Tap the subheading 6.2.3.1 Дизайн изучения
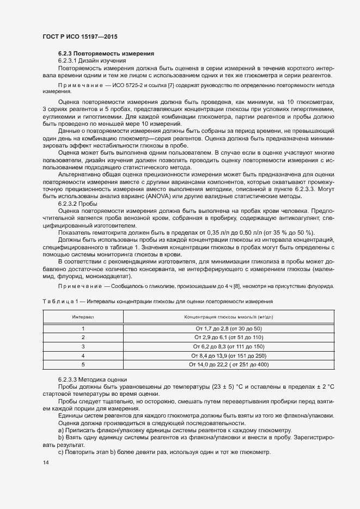92,61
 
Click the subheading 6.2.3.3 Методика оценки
92,379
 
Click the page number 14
45,463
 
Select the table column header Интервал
83,317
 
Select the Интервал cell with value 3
83,346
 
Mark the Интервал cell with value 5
83,364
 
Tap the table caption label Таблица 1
59,301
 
